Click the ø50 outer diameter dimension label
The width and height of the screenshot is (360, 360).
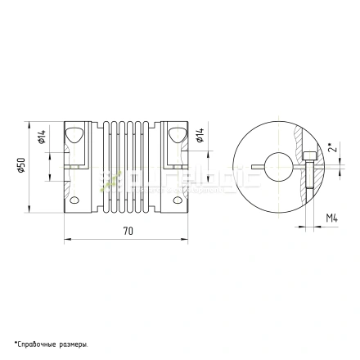[22, 166]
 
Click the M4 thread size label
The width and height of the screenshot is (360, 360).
[331, 218]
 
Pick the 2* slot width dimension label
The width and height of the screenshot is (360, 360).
[330, 149]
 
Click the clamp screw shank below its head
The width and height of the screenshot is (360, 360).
[308, 184]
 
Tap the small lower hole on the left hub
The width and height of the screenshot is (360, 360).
[74, 200]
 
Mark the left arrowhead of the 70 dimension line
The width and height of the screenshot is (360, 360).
[66, 240]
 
